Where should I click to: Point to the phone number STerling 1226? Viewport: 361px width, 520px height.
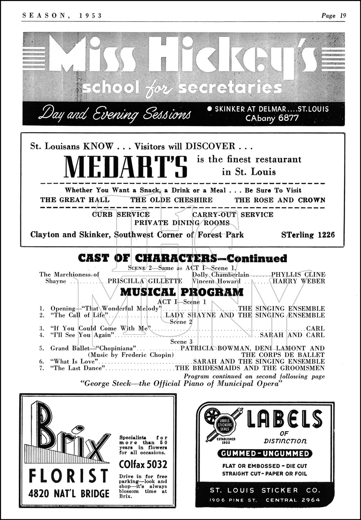pyautogui.click(x=308, y=235)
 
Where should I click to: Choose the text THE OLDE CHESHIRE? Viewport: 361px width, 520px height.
pyautogui.click(x=171, y=200)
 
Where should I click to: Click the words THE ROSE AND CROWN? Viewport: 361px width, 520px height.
pyautogui.click(x=280, y=200)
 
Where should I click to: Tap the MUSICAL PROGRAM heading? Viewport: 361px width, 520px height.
pyautogui.click(x=182, y=292)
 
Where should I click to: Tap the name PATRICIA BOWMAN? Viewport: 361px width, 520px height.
pyautogui.click(x=206, y=348)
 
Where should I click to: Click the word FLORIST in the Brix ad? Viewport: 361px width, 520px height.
pyautogui.click(x=68, y=476)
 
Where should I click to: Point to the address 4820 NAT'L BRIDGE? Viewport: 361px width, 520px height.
pyautogui.click(x=69, y=493)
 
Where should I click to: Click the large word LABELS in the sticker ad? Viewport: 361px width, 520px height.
pyautogui.click(x=284, y=419)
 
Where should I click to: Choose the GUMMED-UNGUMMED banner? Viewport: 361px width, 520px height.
pyautogui.click(x=265, y=453)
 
